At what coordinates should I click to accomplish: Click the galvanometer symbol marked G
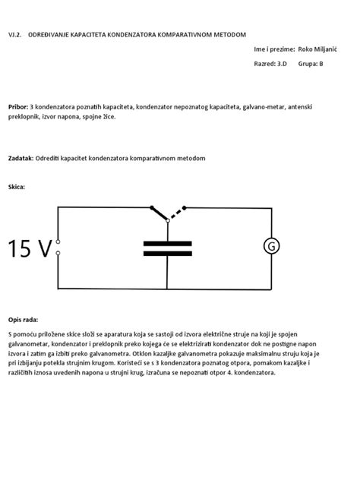click(270, 246)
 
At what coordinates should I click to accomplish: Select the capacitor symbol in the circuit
click(167, 248)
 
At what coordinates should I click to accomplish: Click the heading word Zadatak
click(21, 158)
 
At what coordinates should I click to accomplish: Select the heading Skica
click(17, 186)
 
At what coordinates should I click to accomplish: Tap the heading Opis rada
click(23, 321)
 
